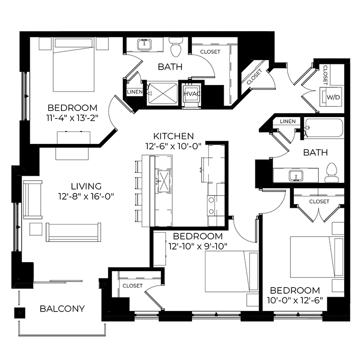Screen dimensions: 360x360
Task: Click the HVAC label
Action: [x=192, y=94]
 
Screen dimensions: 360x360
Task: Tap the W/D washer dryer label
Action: [x=333, y=97]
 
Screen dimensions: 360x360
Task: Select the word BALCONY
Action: [x=62, y=309]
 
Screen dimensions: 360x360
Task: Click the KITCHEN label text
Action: [x=174, y=136]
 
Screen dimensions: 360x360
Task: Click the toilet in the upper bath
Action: [x=176, y=47]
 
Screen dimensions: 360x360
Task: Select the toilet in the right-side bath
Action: [x=332, y=173]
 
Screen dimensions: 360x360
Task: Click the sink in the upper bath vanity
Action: [x=144, y=44]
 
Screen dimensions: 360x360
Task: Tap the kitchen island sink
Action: [x=164, y=180]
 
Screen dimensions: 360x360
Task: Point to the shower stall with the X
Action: [x=163, y=94]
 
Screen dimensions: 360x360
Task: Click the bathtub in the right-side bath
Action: [x=324, y=128]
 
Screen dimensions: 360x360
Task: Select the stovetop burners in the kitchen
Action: [x=212, y=205]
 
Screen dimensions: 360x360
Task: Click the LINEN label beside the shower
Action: [x=135, y=92]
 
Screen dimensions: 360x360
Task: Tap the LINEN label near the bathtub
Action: [x=288, y=121]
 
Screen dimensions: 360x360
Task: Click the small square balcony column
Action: [x=20, y=312]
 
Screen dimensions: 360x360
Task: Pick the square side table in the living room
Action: [x=36, y=229]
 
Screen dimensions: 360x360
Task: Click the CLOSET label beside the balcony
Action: [x=132, y=286]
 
